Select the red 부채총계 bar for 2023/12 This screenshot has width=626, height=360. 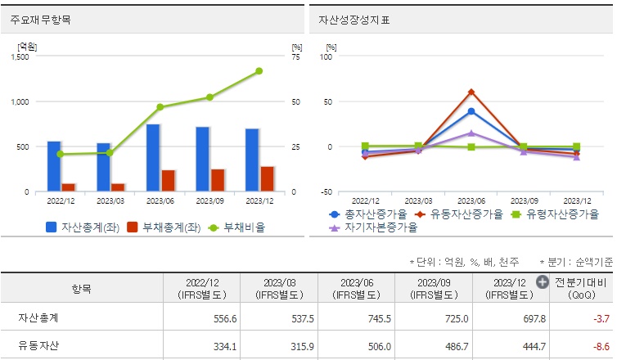[267, 179]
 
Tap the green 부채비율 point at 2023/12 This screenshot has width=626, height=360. [259, 71]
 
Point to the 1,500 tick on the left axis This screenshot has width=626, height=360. [20, 57]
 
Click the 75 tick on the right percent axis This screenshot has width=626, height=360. [295, 57]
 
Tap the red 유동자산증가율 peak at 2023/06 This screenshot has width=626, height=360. [471, 92]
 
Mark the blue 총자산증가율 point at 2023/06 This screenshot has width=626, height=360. [471, 111]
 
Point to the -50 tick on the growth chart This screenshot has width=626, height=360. [327, 192]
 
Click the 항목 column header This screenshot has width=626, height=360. [82, 288]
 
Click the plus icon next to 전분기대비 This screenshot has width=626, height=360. [542, 282]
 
